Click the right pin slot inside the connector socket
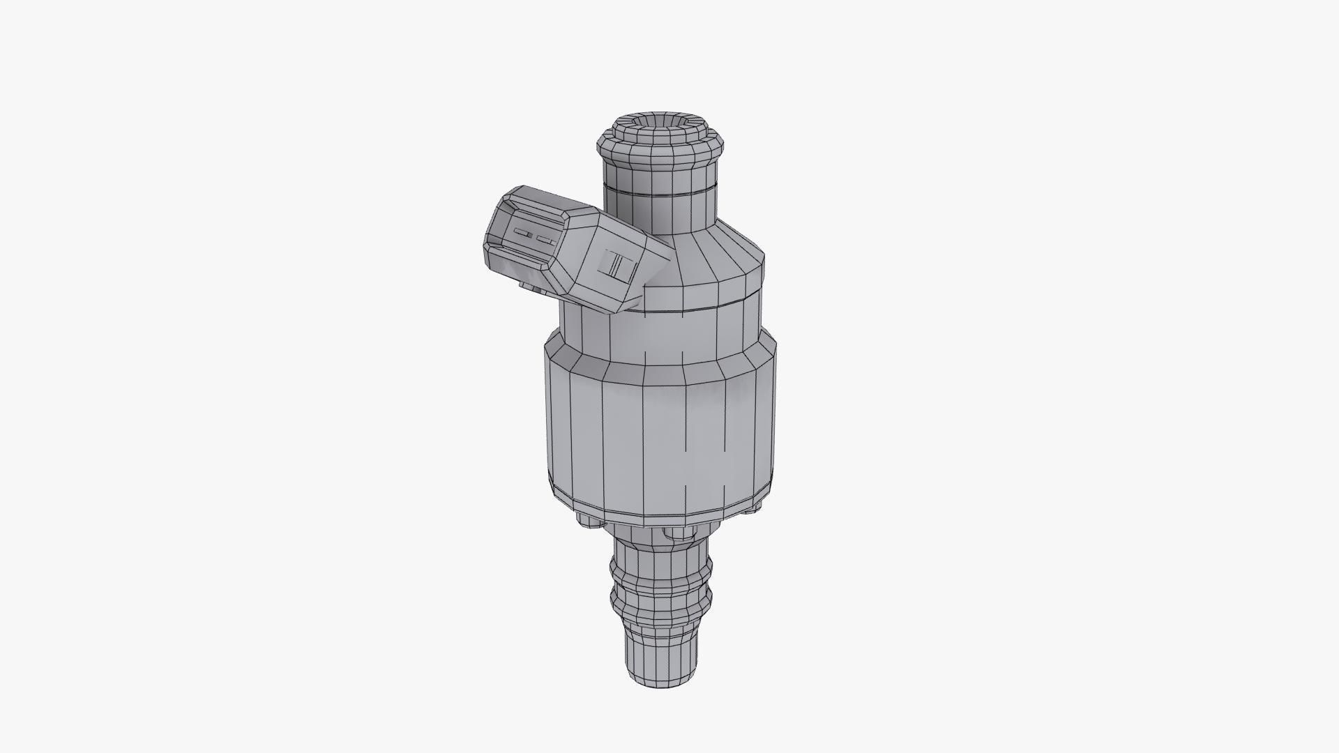click(x=545, y=239)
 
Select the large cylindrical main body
click(x=659, y=432)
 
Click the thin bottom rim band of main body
click(x=659, y=512)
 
